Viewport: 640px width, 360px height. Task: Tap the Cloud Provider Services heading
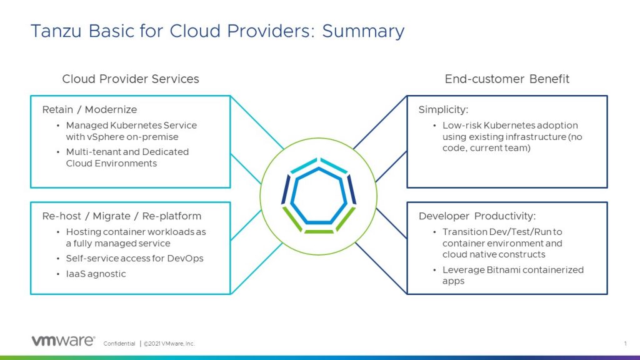(x=131, y=79)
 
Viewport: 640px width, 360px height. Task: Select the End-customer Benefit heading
(x=507, y=79)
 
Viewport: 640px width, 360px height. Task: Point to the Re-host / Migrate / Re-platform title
(x=122, y=216)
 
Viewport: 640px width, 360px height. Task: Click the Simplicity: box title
(x=442, y=110)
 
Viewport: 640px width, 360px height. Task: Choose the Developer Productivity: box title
(x=477, y=216)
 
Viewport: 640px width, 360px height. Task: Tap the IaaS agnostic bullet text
(x=96, y=274)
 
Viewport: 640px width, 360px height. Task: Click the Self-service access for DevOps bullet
(x=134, y=258)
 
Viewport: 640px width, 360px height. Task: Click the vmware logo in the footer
(x=63, y=341)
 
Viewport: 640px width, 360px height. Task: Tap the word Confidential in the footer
(x=119, y=344)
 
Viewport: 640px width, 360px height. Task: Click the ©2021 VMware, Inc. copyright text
(x=169, y=344)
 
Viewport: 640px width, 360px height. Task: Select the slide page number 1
(x=625, y=343)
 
